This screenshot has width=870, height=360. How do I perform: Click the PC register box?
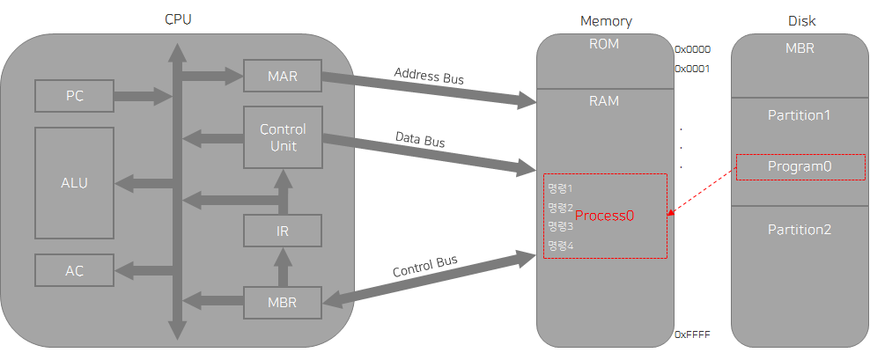[74, 96]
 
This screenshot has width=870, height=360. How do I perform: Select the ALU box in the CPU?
[74, 183]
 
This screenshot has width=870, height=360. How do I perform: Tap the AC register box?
[74, 270]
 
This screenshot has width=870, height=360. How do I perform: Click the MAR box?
[282, 77]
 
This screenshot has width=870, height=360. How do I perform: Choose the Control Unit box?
[282, 137]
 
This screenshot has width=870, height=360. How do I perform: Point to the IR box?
[282, 232]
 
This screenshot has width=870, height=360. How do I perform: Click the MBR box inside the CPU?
[282, 303]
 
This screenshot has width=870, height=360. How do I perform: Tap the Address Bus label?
[428, 77]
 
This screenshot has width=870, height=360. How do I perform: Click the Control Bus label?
[424, 266]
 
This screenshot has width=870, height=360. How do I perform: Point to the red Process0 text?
[604, 215]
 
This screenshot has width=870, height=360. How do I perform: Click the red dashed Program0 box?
[800, 166]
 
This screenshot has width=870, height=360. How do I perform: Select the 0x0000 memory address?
[692, 50]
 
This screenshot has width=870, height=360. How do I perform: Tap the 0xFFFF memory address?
[692, 334]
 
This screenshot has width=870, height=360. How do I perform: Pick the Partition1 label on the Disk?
[800, 115]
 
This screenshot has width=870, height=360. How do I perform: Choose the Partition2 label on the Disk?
[800, 230]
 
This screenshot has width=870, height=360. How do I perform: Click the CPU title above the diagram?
[178, 19]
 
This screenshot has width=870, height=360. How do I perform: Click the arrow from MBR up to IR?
[283, 267]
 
